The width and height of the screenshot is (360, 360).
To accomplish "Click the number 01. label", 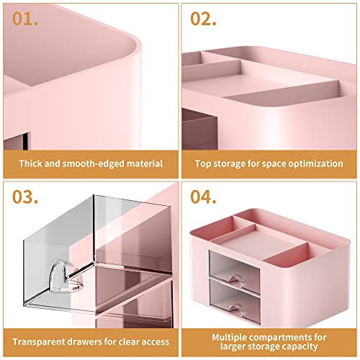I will pyautogui.click(x=27, y=19).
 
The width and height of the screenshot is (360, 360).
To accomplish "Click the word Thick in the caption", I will pyautogui.click(x=32, y=163).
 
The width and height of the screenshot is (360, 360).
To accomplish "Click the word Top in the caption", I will pyautogui.click(x=204, y=163).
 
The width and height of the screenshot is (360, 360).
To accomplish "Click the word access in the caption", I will pyautogui.click(x=154, y=341).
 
